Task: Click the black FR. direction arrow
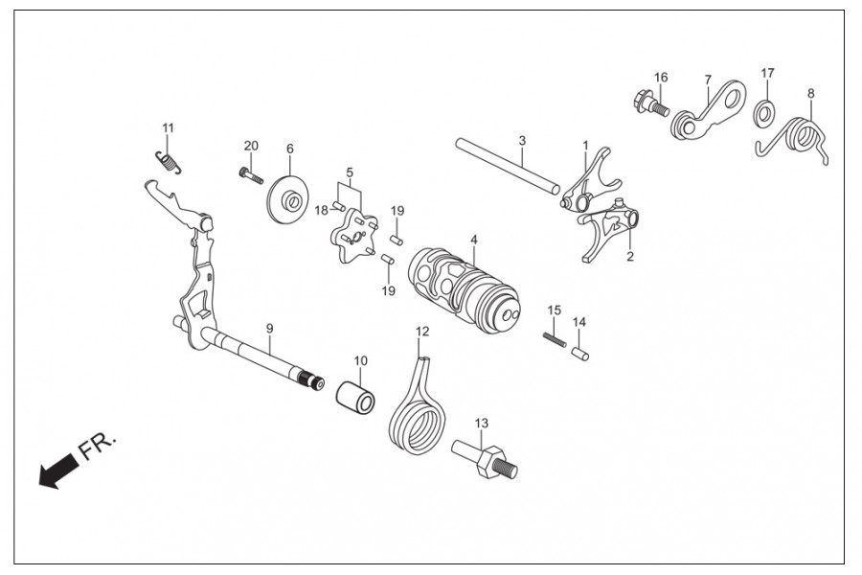tap(57, 470)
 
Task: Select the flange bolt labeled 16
tap(649, 103)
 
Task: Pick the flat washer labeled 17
tap(764, 113)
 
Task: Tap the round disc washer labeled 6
tap(288, 199)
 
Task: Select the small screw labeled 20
tap(251, 176)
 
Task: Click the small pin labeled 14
tap(580, 354)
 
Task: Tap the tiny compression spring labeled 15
tap(555, 339)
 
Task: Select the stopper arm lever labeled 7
tap(708, 109)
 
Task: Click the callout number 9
tap(269, 329)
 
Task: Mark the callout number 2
tap(630, 257)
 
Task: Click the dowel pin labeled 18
tap(339, 206)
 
